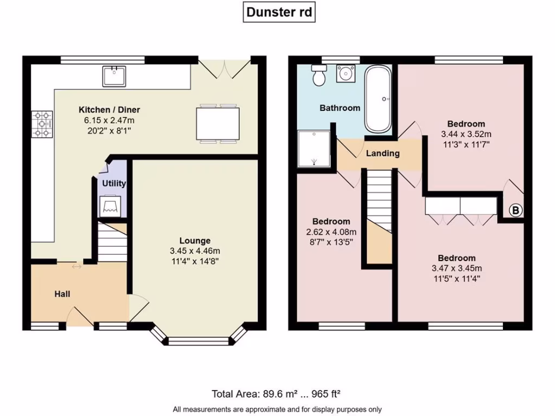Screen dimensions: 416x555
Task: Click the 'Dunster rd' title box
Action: click(279, 12)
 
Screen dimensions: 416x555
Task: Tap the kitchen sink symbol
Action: click(114, 76)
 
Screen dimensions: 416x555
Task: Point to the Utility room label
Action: click(114, 184)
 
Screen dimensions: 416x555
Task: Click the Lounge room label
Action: click(195, 240)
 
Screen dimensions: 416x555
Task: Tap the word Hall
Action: click(62, 294)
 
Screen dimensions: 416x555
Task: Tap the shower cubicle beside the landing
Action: click(314, 148)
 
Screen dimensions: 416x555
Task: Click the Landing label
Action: click(383, 153)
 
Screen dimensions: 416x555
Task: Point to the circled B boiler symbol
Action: click(516, 211)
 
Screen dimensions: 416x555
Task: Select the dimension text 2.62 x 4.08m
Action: click(331, 232)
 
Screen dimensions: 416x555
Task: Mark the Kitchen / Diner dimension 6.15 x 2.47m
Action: click(109, 120)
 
